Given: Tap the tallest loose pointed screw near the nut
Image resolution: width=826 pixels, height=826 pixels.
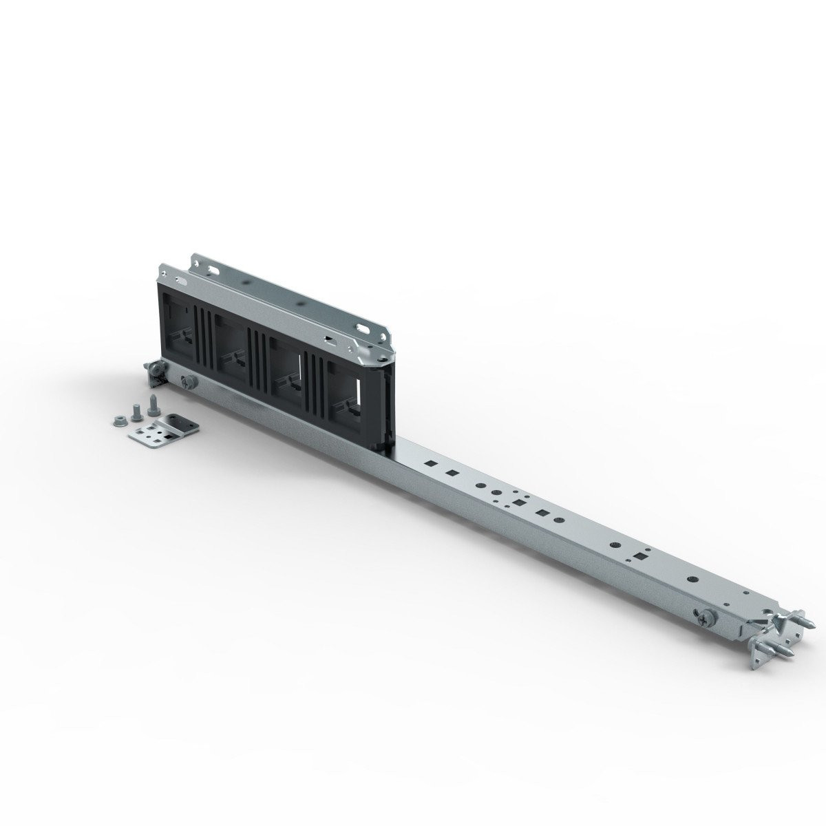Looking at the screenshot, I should click(x=150, y=412).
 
